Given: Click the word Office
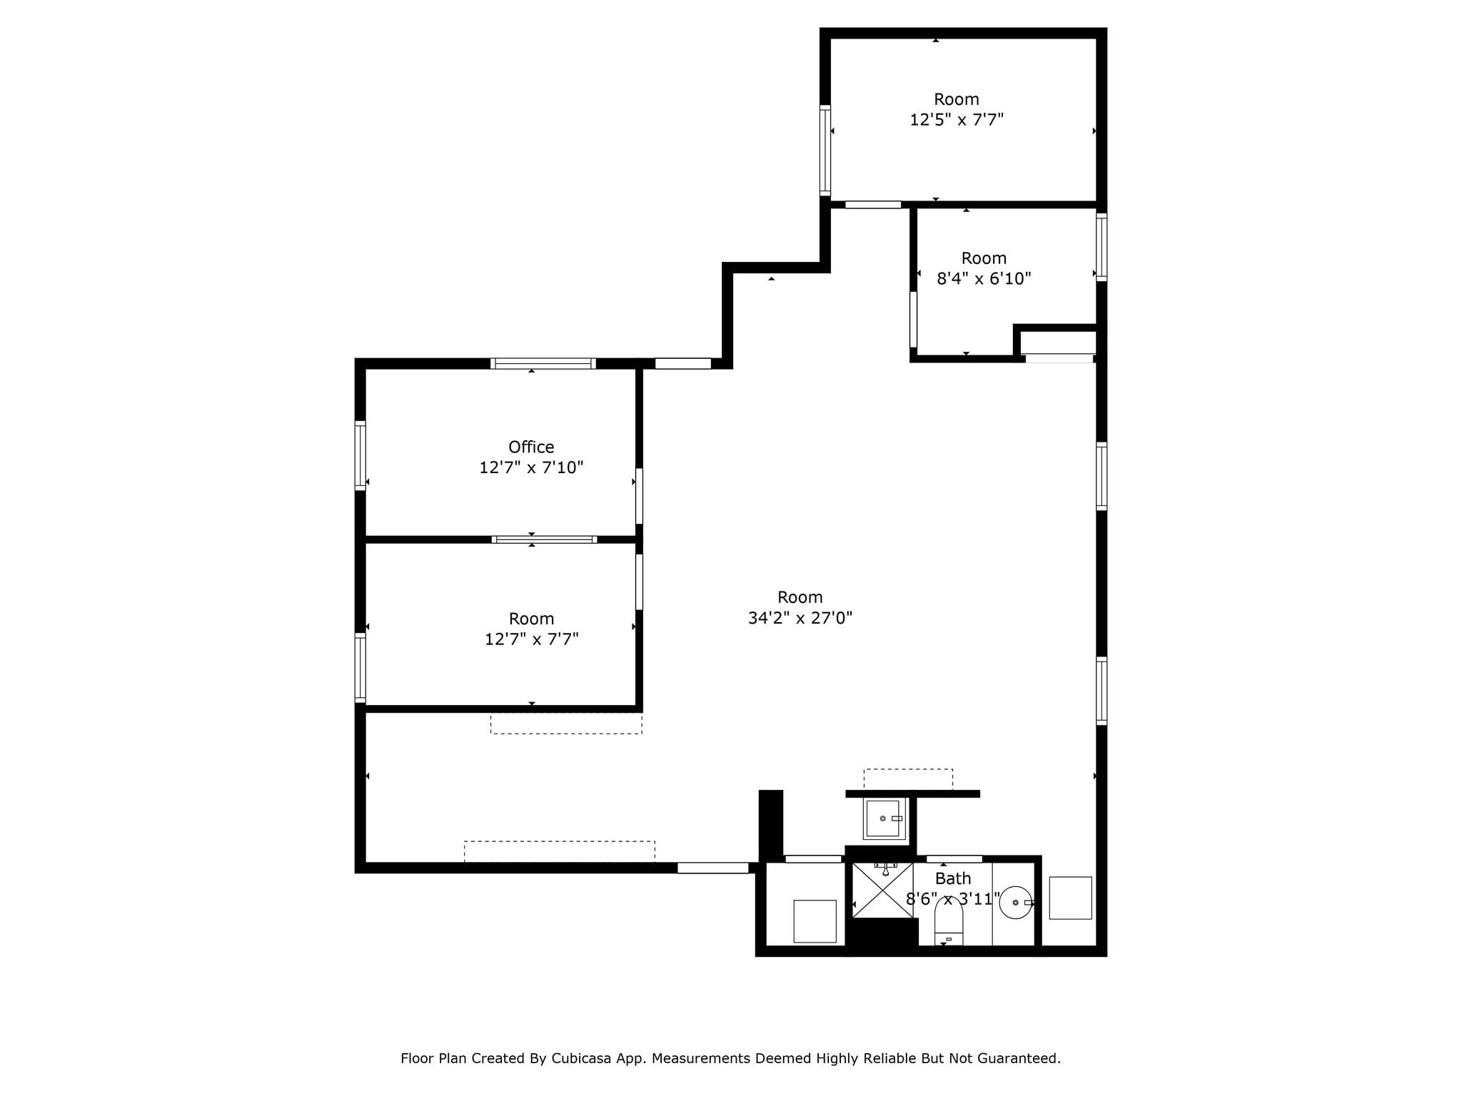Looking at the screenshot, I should pos(530,447).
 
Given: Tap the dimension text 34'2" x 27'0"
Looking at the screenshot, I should pos(800,618).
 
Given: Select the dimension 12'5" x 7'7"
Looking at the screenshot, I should pos(956,120).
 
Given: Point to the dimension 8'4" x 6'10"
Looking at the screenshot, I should pos(983,279).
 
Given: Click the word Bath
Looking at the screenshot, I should pos(952,878).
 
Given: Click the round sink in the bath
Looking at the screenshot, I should pos(1014,903).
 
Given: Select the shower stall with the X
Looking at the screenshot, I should pos(882,891).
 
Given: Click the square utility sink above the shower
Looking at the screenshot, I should pos(884,818).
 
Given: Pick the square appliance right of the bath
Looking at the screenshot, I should pos(1069,898).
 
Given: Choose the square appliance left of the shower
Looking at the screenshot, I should pos(814,921).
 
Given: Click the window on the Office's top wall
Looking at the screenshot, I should pos(543,363).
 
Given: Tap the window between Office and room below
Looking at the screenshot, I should pos(544,539).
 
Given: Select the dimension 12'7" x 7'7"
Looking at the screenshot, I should pos(531,639).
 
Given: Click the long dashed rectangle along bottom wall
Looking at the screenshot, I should pos(559,851).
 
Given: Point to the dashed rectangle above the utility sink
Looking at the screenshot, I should pos(907,778).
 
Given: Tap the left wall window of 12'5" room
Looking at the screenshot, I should pos(825,150).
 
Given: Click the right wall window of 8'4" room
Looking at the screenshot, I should pos(1101,246).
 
